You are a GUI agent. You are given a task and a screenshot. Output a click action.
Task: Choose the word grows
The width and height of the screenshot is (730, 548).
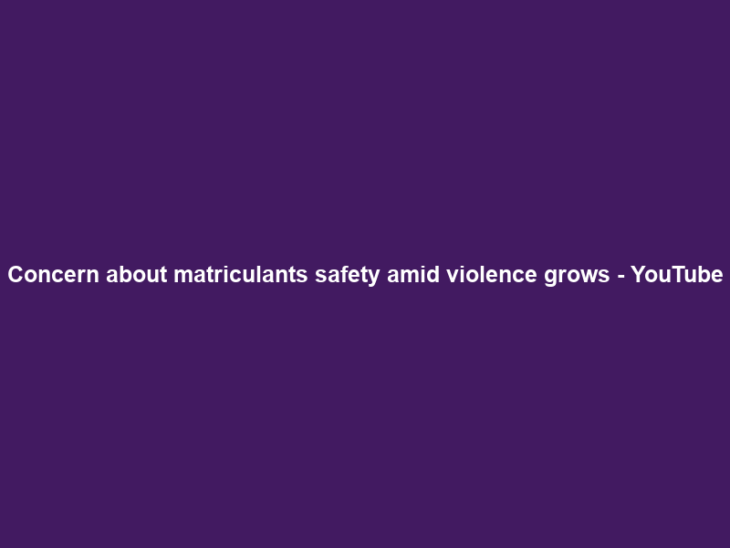coord(576,275)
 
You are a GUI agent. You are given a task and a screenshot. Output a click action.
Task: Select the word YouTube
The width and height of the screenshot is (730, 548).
coord(676,275)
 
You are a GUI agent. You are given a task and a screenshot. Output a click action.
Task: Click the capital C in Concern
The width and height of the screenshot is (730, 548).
coord(16,275)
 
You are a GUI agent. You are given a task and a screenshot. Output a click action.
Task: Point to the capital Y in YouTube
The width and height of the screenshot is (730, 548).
coord(637,275)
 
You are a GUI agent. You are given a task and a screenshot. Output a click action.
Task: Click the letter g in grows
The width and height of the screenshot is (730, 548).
coord(552,277)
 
